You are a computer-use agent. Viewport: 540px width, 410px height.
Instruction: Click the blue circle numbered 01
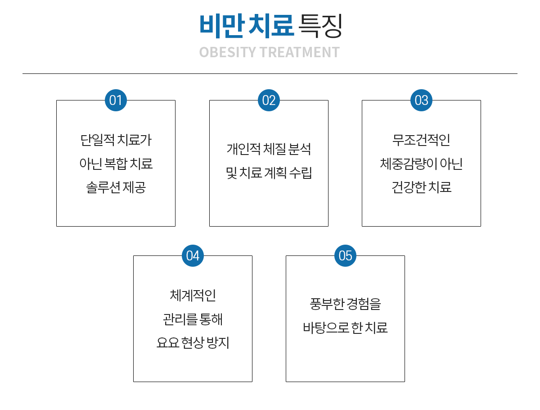pyautogui.click(x=116, y=100)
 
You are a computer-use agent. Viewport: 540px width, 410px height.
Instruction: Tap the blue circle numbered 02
pyautogui.click(x=269, y=100)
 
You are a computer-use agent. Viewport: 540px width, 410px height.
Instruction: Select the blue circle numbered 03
pyautogui.click(x=421, y=100)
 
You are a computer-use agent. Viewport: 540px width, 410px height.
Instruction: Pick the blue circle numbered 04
pyautogui.click(x=193, y=255)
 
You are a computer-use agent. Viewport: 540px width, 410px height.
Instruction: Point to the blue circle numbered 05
pyautogui.click(x=345, y=255)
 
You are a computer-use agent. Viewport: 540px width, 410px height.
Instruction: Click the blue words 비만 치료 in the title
pyautogui.click(x=246, y=25)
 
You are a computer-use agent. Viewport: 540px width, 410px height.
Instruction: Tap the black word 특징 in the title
pyautogui.click(x=320, y=25)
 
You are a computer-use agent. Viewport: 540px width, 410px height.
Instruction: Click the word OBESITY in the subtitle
pyautogui.click(x=227, y=52)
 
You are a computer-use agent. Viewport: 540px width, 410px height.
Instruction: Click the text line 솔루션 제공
pyautogui.click(x=116, y=187)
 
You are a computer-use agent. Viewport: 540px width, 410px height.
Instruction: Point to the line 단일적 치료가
pyautogui.click(x=116, y=140)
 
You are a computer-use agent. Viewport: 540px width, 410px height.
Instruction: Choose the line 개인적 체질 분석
pyautogui.click(x=269, y=149)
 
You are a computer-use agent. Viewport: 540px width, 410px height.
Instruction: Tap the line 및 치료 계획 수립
pyautogui.click(x=269, y=173)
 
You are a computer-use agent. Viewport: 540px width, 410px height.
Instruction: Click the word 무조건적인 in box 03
pyautogui.click(x=421, y=140)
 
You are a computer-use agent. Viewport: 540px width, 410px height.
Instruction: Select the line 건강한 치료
pyautogui.click(x=421, y=187)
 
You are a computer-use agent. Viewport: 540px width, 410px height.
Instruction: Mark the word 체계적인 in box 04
pyautogui.click(x=193, y=296)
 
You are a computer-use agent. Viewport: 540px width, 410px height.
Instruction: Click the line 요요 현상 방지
pyautogui.click(x=193, y=343)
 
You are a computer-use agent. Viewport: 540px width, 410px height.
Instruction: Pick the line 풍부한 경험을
pyautogui.click(x=345, y=304)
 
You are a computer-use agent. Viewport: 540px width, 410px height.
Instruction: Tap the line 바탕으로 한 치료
pyautogui.click(x=345, y=328)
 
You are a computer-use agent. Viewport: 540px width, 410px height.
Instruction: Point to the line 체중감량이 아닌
pyautogui.click(x=421, y=164)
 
